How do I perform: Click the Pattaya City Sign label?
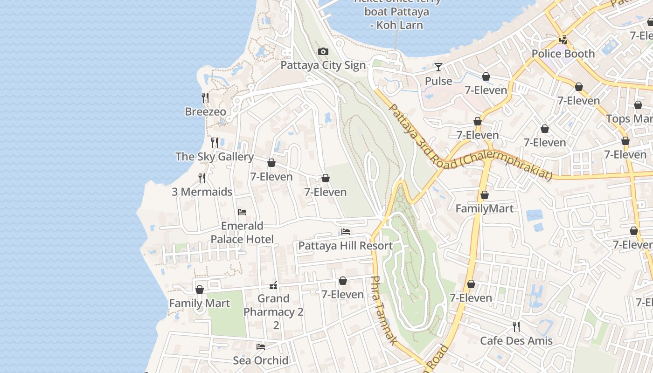click(x=323, y=65)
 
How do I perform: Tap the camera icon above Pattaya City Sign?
click(x=323, y=51)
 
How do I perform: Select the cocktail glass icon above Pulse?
click(x=438, y=67)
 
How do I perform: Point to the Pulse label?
click(x=438, y=81)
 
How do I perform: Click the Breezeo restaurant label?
click(x=206, y=112)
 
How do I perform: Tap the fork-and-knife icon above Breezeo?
click(x=205, y=97)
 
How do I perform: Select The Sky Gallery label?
click(x=215, y=157)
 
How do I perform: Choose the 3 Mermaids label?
click(x=202, y=192)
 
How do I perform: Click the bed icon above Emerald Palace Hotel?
click(x=242, y=212)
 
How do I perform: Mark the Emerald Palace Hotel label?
click(x=242, y=232)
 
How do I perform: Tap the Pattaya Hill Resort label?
click(x=345, y=246)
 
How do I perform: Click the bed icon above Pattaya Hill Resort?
click(x=346, y=231)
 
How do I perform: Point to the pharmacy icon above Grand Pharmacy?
click(x=274, y=285)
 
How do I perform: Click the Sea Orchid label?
click(x=261, y=360)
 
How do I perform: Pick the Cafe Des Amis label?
click(x=516, y=341)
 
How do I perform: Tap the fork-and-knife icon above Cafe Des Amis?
click(x=516, y=326)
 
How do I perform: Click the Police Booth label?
click(x=563, y=54)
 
